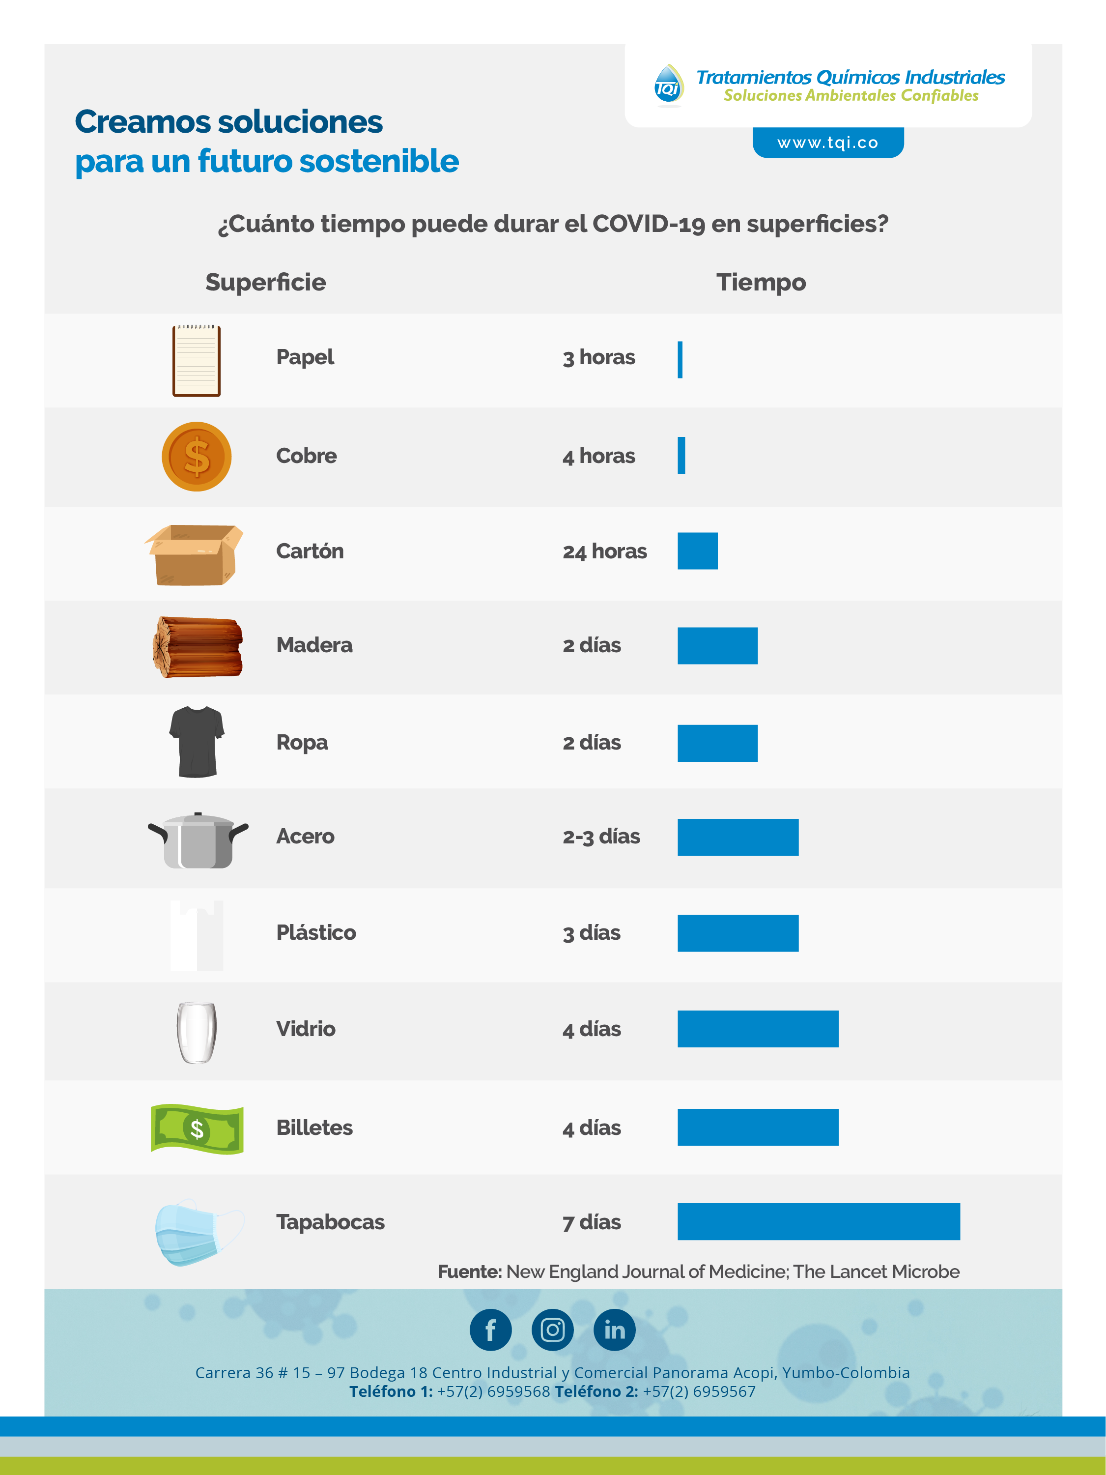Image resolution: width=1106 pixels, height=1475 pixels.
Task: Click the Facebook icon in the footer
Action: (x=491, y=1330)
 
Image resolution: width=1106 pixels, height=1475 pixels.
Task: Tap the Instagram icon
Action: (x=553, y=1330)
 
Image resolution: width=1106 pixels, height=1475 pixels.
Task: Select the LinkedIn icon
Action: (x=615, y=1330)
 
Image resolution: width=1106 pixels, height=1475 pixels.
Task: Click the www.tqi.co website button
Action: (x=828, y=142)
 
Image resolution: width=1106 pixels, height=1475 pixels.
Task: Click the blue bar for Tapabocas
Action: (x=819, y=1221)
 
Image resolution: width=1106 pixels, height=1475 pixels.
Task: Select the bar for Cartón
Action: (x=697, y=551)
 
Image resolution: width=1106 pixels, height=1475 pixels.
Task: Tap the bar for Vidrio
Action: (x=758, y=1029)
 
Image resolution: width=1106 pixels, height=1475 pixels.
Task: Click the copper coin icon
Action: (x=197, y=457)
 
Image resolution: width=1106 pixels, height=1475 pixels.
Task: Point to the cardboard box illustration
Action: (x=194, y=555)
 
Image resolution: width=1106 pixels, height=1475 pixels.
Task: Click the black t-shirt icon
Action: (x=197, y=742)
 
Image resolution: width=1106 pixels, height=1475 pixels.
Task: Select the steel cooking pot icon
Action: (x=198, y=840)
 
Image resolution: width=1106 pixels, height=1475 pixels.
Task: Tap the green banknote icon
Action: (x=197, y=1128)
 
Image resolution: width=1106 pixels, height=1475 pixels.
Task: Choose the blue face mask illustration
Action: (x=199, y=1232)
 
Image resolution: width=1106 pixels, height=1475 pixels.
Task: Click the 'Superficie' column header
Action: (x=265, y=283)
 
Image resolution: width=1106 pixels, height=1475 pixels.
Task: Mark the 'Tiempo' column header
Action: (x=762, y=283)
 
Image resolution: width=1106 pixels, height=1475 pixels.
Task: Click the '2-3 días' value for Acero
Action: (x=601, y=836)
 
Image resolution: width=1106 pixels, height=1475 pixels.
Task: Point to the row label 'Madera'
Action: (x=314, y=645)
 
